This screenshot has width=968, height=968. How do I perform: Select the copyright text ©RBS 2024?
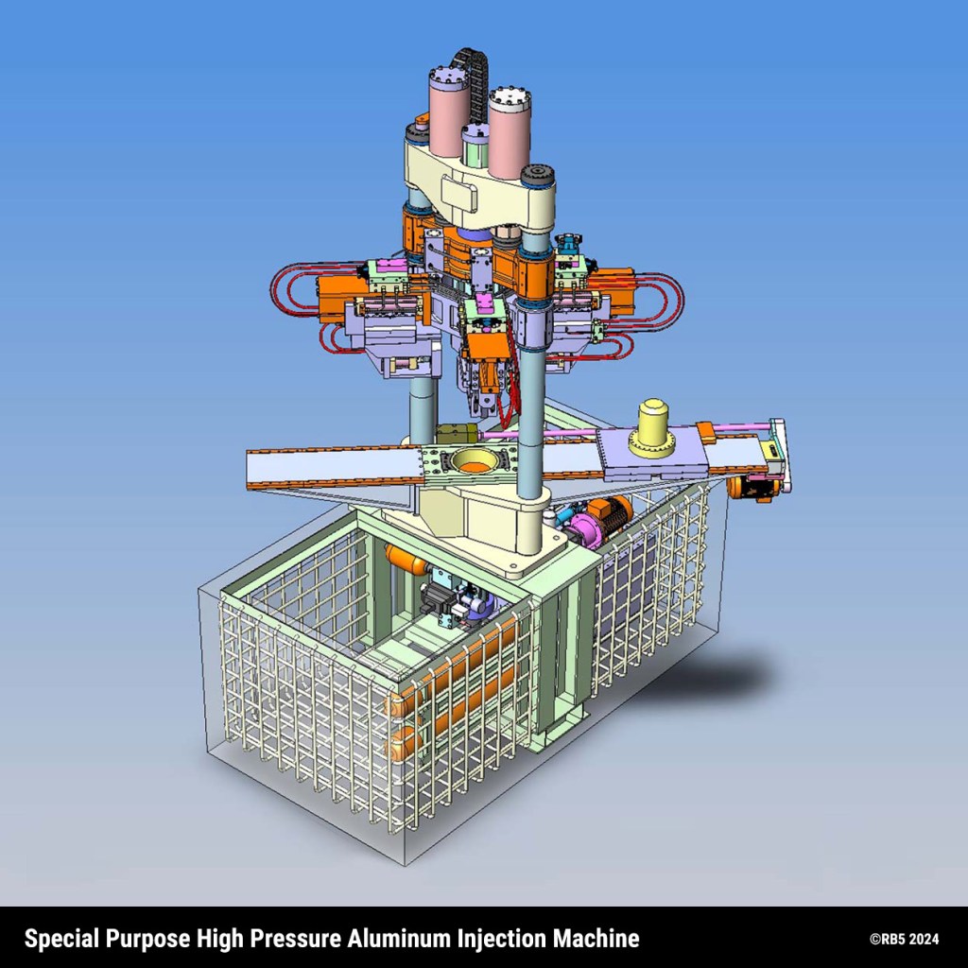[x=904, y=939]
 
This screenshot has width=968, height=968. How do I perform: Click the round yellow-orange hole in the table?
[x=475, y=459]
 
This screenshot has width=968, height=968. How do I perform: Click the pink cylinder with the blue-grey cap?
[x=450, y=112]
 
